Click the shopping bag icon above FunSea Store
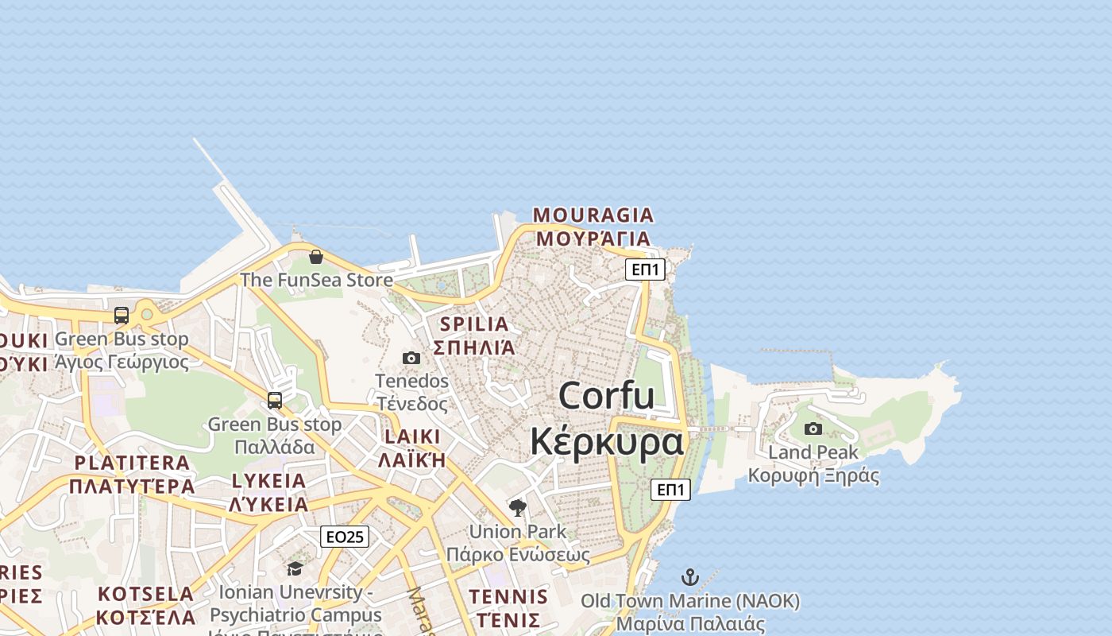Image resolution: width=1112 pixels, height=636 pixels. click(315, 257)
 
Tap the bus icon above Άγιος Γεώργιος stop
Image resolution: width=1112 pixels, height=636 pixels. click(122, 316)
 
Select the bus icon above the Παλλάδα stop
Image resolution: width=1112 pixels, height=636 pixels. click(275, 401)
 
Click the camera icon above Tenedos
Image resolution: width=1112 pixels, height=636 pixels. click(411, 358)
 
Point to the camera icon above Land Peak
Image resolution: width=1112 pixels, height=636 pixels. click(813, 429)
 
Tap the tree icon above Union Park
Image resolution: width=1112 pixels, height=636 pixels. click(518, 508)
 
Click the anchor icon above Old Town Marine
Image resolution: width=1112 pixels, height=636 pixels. click(690, 577)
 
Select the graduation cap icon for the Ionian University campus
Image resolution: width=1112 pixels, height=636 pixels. click(295, 568)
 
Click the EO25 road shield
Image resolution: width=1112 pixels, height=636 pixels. click(345, 537)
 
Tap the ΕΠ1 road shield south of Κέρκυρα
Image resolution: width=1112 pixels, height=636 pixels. click(670, 490)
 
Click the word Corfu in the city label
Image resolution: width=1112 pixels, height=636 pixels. click(607, 396)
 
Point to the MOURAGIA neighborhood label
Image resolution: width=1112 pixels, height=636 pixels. click(593, 215)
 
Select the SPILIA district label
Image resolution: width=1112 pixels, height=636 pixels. click(474, 324)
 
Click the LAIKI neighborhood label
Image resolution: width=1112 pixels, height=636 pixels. click(412, 436)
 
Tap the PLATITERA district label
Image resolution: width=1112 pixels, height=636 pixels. click(132, 463)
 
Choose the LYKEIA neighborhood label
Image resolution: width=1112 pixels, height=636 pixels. click(268, 481)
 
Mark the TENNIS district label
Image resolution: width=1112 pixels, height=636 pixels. click(508, 597)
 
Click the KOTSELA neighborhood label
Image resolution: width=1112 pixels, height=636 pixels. click(146, 594)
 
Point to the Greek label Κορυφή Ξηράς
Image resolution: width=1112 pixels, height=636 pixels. click(813, 476)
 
